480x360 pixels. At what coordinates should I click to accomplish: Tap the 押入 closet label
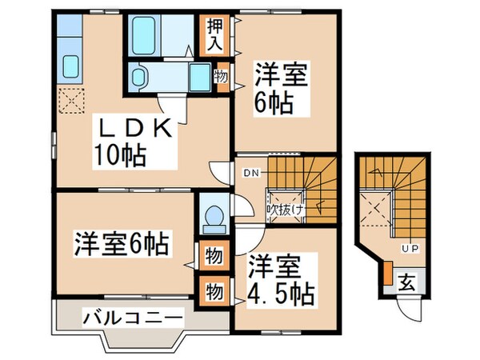[x=214, y=37]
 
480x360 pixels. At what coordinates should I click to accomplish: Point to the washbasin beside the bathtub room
[x=139, y=78]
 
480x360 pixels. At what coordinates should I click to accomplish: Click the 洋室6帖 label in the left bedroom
[x=124, y=243]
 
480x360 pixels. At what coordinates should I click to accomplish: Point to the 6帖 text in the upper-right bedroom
[x=274, y=103]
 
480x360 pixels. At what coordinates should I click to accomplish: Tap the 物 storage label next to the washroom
[x=220, y=77]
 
